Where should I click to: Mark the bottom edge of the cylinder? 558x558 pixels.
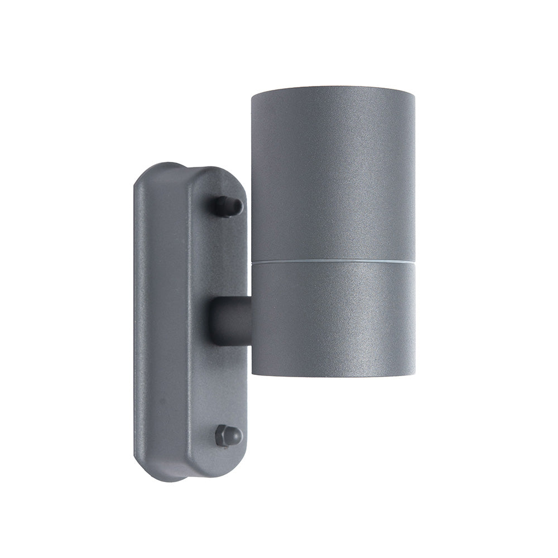click(333, 375)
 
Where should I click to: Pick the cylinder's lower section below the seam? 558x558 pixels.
click(333, 318)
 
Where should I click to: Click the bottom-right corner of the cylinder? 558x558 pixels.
click(413, 373)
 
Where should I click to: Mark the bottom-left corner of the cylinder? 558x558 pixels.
click(252, 373)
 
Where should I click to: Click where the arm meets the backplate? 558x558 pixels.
click(214, 321)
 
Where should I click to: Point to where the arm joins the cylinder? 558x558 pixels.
click(250, 321)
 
